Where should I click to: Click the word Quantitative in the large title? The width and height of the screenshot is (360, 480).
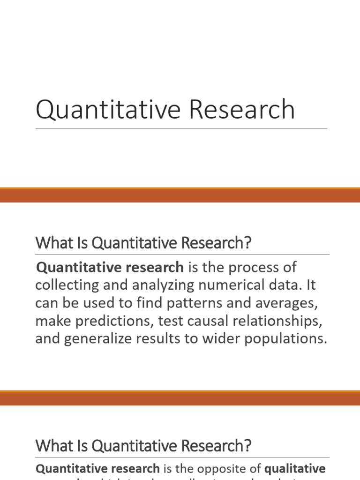click(x=105, y=110)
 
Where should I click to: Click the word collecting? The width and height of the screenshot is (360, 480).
click(x=65, y=285)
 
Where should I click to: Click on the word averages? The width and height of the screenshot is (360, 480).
click(x=287, y=303)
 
